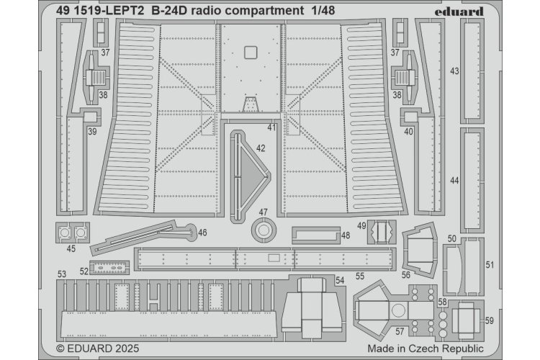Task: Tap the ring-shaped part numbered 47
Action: pos(264,231)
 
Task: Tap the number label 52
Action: pos(84,271)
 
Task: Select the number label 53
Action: pos(62,274)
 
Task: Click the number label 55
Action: pos(360,276)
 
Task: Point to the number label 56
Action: pos(406,274)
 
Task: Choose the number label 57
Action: pos(398,331)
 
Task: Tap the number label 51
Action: pos(490,265)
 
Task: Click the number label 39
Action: pos(92,131)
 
